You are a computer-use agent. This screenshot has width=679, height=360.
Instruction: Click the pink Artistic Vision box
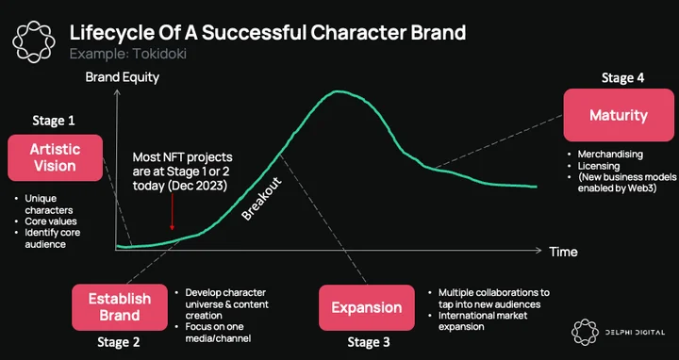pyautogui.click(x=55, y=157)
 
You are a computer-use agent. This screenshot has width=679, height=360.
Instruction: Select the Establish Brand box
pyautogui.click(x=120, y=307)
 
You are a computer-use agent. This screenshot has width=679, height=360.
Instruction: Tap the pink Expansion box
pyautogui.click(x=367, y=307)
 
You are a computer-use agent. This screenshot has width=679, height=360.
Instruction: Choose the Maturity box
pyautogui.click(x=619, y=115)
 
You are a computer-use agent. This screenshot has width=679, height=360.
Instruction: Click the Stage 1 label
pyautogui.click(x=54, y=121)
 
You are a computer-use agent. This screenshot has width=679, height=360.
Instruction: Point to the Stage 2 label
pyautogui.click(x=119, y=342)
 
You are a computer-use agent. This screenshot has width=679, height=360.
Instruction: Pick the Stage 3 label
pyautogui.click(x=369, y=342)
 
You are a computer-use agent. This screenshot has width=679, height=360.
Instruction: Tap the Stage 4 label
pyautogui.click(x=622, y=78)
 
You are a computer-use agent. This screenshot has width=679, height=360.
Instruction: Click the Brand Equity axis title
pyautogui.click(x=123, y=77)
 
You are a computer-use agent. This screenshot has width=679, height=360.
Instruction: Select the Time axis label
pyautogui.click(x=563, y=252)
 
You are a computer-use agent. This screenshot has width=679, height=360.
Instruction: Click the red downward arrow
pyautogui.click(x=172, y=211)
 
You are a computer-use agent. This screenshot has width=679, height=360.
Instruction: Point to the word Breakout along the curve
pyautogui.click(x=261, y=199)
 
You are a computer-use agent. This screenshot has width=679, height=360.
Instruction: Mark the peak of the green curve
pyautogui.click(x=338, y=91)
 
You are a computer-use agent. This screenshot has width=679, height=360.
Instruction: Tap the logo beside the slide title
pyautogui.click(x=34, y=41)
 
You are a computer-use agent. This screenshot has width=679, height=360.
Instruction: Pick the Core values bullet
pyautogui.click(x=45, y=221)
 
